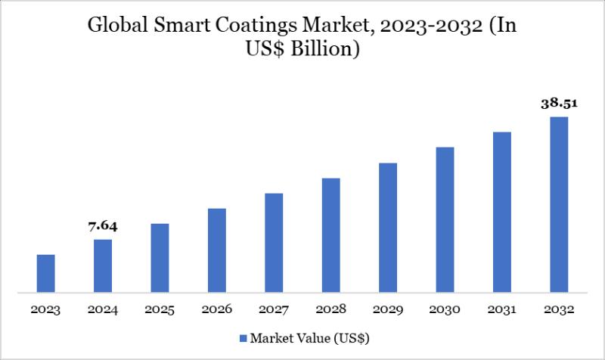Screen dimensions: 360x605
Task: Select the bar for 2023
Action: coord(46,273)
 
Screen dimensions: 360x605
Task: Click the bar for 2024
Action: coord(103,265)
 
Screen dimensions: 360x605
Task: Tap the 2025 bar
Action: coord(160,258)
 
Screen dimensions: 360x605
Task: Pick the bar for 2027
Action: coord(274,243)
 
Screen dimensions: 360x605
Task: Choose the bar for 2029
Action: coord(388,228)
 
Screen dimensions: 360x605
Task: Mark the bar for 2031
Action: coord(502,212)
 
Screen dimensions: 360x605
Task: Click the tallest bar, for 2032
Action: coord(559,204)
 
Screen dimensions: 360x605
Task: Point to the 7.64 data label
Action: coord(103,226)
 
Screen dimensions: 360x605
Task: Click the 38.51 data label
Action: coord(559,104)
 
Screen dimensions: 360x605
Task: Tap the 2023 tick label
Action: coord(46,310)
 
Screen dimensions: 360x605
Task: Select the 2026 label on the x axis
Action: coord(217,310)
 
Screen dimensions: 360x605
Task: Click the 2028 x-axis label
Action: coord(330,310)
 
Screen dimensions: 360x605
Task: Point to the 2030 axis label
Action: coord(445,310)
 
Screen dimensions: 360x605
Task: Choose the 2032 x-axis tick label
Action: coord(559,310)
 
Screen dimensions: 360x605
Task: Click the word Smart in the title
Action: coord(180,27)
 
